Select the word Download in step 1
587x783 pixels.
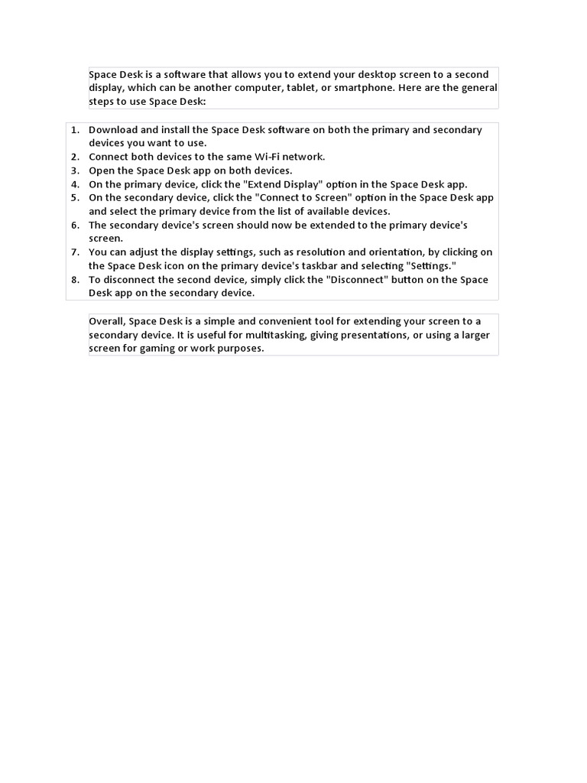tap(113, 130)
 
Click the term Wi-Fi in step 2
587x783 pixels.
tap(264, 157)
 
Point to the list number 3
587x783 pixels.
tap(75, 171)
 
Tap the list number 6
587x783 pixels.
tap(75, 225)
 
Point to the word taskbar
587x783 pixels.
tap(332, 266)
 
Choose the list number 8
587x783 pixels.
tap(75, 280)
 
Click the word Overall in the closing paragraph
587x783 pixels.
tap(107, 321)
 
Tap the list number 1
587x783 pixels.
tap(75, 130)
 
